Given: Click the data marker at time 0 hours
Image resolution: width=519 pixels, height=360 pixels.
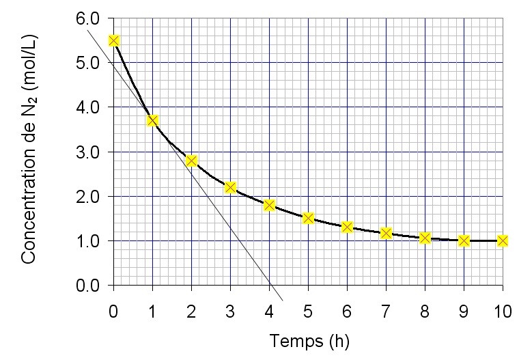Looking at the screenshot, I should pyautogui.click(x=113, y=41).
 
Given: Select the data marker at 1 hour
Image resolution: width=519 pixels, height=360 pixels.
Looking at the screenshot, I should pyautogui.click(x=152, y=121).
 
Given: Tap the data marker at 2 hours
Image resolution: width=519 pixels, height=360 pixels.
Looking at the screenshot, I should pyautogui.click(x=191, y=161).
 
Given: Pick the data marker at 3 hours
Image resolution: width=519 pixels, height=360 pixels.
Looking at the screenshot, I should pyautogui.click(x=230, y=187).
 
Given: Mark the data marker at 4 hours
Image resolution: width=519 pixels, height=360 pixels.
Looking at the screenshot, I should pyautogui.click(x=269, y=205).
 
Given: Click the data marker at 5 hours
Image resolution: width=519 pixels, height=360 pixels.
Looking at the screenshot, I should pyautogui.click(x=308, y=219).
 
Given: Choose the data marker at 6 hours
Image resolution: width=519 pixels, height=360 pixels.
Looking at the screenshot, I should pyautogui.click(x=347, y=227).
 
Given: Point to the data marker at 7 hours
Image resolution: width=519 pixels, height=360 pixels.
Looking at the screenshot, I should pyautogui.click(x=386, y=234).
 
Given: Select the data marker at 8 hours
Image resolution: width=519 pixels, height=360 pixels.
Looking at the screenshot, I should pyautogui.click(x=425, y=238).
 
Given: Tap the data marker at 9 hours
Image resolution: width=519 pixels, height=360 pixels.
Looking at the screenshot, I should pyautogui.click(x=464, y=240).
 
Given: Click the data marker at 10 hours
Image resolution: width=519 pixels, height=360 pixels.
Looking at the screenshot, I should pyautogui.click(x=503, y=240).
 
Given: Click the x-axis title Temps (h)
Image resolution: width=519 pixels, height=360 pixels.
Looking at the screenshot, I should pyautogui.click(x=309, y=340).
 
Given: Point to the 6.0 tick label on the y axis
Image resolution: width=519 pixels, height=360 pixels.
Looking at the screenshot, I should pyautogui.click(x=88, y=18).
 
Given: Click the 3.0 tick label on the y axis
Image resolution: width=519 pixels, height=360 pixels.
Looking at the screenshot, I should pyautogui.click(x=88, y=152).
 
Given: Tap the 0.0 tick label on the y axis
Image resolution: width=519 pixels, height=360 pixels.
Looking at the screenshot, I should pyautogui.click(x=88, y=286).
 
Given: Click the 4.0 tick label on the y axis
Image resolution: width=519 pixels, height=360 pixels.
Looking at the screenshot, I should pyautogui.click(x=88, y=107).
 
